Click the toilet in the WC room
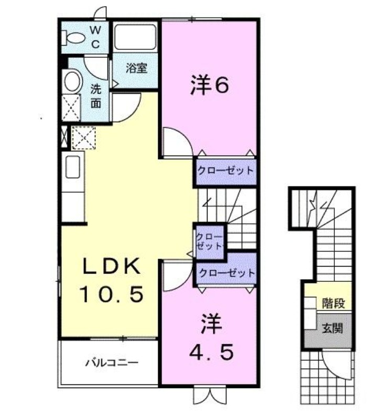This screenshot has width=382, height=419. point(73,36)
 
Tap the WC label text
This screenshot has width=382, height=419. point(95,37)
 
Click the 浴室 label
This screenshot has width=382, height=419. point(136,68)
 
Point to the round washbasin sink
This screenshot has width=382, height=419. point(72,82)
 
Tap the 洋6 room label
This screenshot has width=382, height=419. point(209,85)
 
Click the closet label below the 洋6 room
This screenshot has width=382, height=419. point(225,171)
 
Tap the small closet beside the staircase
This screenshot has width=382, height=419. point(210,241)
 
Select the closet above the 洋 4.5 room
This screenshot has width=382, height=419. point(226,273)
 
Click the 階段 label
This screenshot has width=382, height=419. point(332,303)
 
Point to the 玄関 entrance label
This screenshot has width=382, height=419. point(332,329)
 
